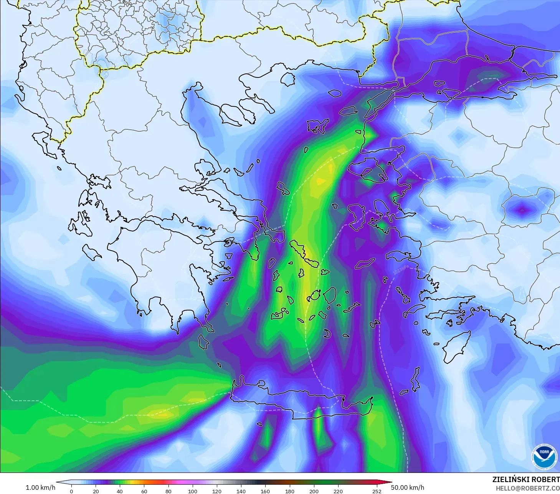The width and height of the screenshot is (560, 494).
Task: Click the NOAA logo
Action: click(544, 456)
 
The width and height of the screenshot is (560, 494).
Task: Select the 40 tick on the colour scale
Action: click(120, 491)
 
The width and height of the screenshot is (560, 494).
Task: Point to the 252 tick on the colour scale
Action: click(377, 491)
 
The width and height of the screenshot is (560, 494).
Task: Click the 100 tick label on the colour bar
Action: click(192, 491)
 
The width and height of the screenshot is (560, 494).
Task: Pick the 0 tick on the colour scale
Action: click(71, 491)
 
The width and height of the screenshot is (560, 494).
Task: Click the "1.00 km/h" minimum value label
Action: click(40, 487)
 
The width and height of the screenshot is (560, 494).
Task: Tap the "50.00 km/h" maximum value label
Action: click(407, 487)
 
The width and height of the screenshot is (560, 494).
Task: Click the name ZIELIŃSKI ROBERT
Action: click(526, 479)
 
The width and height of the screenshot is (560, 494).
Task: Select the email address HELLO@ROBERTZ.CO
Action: click(527, 488)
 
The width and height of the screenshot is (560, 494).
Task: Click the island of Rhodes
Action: click(456, 347)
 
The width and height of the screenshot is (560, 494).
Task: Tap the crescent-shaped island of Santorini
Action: click(327, 334)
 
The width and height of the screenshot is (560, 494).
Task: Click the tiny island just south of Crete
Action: click(259, 424)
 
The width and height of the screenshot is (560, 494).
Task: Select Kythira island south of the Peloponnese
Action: click(203, 341)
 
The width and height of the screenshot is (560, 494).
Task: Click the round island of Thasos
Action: click(288, 79)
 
